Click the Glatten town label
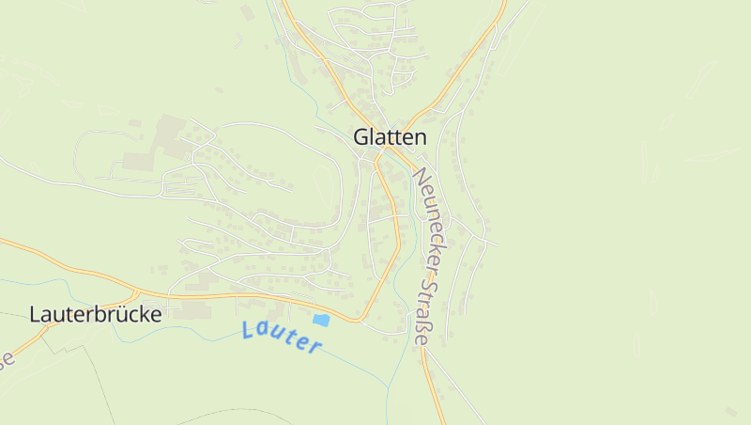[x=390, y=136]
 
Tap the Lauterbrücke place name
[x=96, y=314]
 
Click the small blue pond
[x=321, y=320]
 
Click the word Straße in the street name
[x=424, y=309]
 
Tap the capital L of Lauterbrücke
[x=36, y=314]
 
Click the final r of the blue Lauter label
[x=316, y=347]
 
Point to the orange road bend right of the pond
[x=360, y=320]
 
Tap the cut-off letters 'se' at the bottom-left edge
[x=8, y=359]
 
